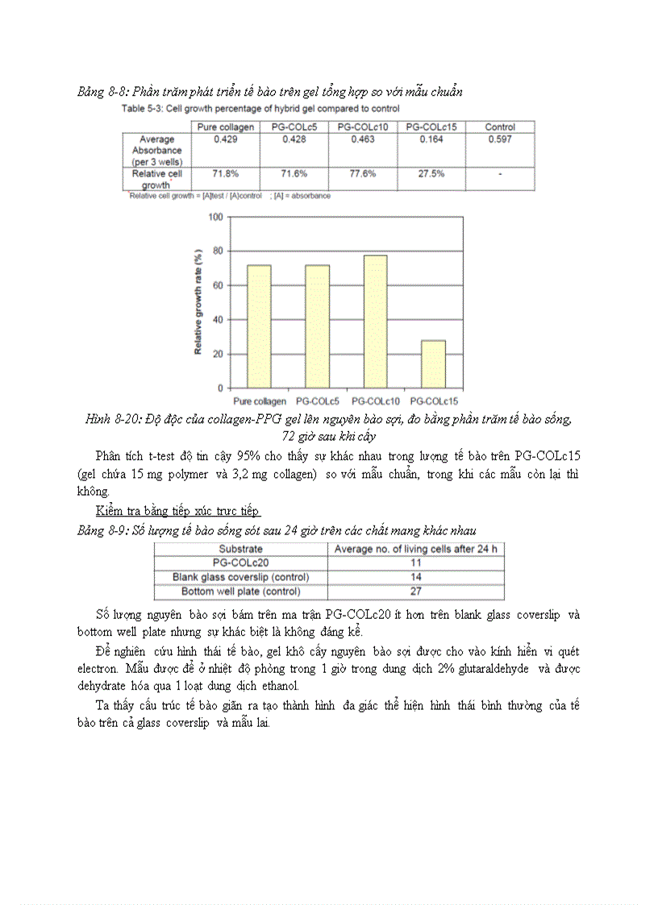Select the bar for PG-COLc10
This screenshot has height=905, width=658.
pos(374,322)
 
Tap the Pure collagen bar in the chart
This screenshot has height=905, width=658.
pos(259,326)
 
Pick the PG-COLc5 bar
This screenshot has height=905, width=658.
pos(316,326)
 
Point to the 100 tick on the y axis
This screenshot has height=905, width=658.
pos(215,217)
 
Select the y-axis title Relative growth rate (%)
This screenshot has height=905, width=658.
pos(198,302)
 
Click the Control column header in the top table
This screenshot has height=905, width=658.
pos(500,127)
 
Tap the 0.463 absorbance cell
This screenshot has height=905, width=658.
pos(363,139)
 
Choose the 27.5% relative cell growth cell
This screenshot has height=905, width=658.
pos(431,174)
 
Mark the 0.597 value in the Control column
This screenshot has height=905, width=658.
pos(500,139)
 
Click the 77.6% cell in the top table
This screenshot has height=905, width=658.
pos(363,174)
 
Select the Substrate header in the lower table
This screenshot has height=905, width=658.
pos(240,549)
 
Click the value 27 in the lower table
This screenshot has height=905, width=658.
pos(416,592)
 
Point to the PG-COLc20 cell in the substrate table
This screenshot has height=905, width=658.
pos(240,563)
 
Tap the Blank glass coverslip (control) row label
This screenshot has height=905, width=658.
pos(240,577)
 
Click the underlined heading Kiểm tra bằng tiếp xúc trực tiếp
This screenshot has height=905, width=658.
pos(177,512)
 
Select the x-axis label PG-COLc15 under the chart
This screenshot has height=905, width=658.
pos(433,401)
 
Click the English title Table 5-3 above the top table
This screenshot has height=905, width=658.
pos(260,108)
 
